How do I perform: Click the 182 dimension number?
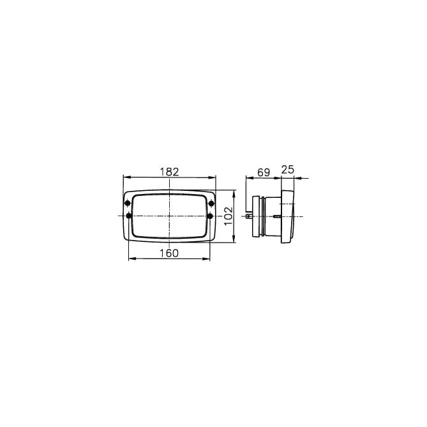[x=169, y=172]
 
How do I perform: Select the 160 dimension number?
[x=169, y=253]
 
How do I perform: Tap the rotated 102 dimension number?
[x=228, y=216]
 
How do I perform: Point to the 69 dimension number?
[x=264, y=172]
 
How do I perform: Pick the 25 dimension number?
[x=288, y=170]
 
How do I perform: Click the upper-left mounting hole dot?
[x=128, y=203]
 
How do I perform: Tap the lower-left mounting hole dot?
[x=129, y=216]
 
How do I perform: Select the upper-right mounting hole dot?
[x=211, y=203]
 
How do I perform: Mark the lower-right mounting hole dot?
[x=210, y=216]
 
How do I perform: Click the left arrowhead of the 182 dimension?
[x=127, y=177]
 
